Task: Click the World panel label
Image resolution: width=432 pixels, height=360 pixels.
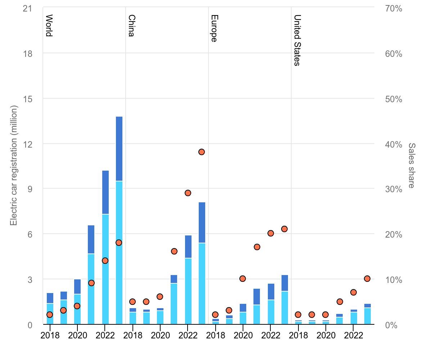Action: (49, 26)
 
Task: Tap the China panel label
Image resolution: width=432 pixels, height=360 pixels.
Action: (131, 26)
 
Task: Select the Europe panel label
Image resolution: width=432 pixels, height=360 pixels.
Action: (214, 28)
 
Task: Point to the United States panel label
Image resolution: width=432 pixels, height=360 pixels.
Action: (297, 40)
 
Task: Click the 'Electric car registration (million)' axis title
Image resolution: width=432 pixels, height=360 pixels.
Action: (14, 166)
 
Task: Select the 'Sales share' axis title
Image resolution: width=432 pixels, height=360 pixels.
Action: (411, 166)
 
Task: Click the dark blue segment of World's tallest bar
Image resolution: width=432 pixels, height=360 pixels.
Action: (119, 148)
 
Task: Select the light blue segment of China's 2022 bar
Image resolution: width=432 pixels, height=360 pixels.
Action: (188, 291)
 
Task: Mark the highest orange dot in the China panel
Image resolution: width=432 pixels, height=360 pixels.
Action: (202, 152)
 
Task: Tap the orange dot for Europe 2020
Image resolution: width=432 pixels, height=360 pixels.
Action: (243, 279)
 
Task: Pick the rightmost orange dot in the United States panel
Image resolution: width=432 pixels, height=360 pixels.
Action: (367, 279)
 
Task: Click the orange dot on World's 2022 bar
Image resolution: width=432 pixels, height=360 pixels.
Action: (105, 261)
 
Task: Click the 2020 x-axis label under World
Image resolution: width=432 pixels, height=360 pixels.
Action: (77, 335)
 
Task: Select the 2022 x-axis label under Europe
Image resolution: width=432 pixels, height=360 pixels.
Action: (271, 335)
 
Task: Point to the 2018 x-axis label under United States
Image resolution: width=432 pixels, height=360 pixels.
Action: (298, 335)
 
